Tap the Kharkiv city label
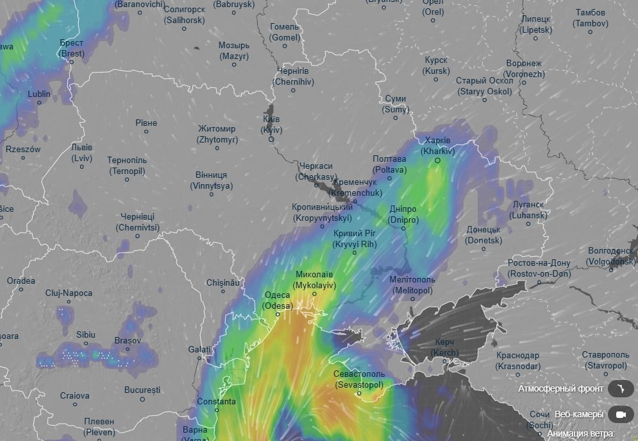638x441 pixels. pyautogui.click(x=438, y=146)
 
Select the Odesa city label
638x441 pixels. pyautogui.click(x=278, y=300)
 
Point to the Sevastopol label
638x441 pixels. pyautogui.click(x=359, y=379)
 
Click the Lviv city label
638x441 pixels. pyautogui.click(x=81, y=152)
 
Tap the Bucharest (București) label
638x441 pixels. pyautogui.click(x=142, y=390)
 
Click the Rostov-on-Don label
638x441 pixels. pyautogui.click(x=539, y=268)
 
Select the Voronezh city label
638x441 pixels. pyautogui.click(x=524, y=69)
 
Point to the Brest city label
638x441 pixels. pyautogui.click(x=71, y=48)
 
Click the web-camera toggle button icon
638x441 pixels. pyautogui.click(x=620, y=415)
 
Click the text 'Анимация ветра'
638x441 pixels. pyautogui.click(x=581, y=434)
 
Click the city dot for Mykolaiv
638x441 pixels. pyautogui.click(x=314, y=294)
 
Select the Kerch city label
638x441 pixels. pyautogui.click(x=444, y=347)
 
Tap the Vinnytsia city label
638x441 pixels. pyautogui.click(x=211, y=180)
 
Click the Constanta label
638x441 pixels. pyautogui.click(x=216, y=402)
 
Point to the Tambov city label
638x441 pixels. pyautogui.click(x=591, y=18)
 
